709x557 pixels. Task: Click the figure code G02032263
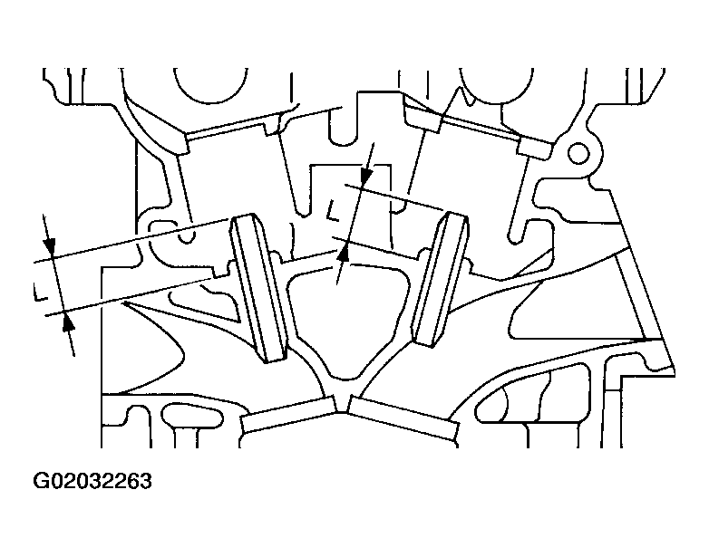92,482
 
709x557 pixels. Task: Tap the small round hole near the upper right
578,154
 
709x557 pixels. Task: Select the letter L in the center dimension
334,210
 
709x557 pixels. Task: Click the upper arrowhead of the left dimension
49,247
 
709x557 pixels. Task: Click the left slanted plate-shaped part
259,288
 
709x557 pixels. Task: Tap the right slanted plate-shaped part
441,279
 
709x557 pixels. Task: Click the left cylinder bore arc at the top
210,86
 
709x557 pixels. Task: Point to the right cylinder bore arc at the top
497,86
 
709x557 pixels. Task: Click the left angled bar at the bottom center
289,414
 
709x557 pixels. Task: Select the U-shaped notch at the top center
343,127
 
